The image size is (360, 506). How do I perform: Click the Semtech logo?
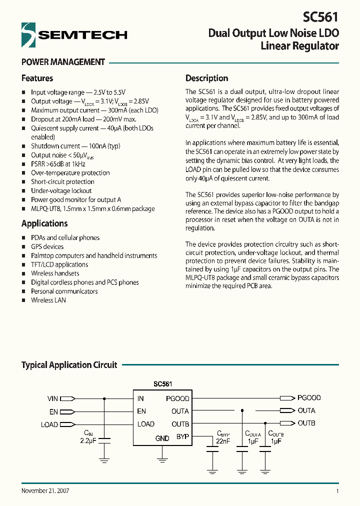tap(74, 34)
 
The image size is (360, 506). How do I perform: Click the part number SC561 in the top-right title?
tap(320, 16)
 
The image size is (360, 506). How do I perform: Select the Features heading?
tap(37, 78)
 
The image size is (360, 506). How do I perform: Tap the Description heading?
tap(206, 78)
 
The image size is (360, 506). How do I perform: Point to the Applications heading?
tap(44, 223)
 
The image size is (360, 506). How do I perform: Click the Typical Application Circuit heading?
tap(69, 365)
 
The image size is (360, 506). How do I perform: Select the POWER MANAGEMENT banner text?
tap(63, 62)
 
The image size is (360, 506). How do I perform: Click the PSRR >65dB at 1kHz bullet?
tap(58, 164)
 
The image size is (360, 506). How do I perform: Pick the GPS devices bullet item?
tap(47, 246)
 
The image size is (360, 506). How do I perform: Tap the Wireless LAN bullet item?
tap(48, 300)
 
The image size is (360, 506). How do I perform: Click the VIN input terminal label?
tap(52, 398)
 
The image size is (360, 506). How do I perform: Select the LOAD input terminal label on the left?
tap(49, 424)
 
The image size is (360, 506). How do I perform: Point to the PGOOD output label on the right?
tap(309, 398)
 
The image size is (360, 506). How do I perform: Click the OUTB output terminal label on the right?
tap(306, 423)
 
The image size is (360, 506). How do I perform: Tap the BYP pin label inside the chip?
tap(182, 436)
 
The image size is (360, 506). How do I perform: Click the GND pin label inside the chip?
tap(162, 438)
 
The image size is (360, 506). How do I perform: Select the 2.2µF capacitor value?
tap(88, 440)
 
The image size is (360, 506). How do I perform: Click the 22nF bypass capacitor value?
tap(223, 441)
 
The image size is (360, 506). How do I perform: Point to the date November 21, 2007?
tap(45, 490)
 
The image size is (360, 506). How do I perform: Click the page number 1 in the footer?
tap(337, 491)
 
